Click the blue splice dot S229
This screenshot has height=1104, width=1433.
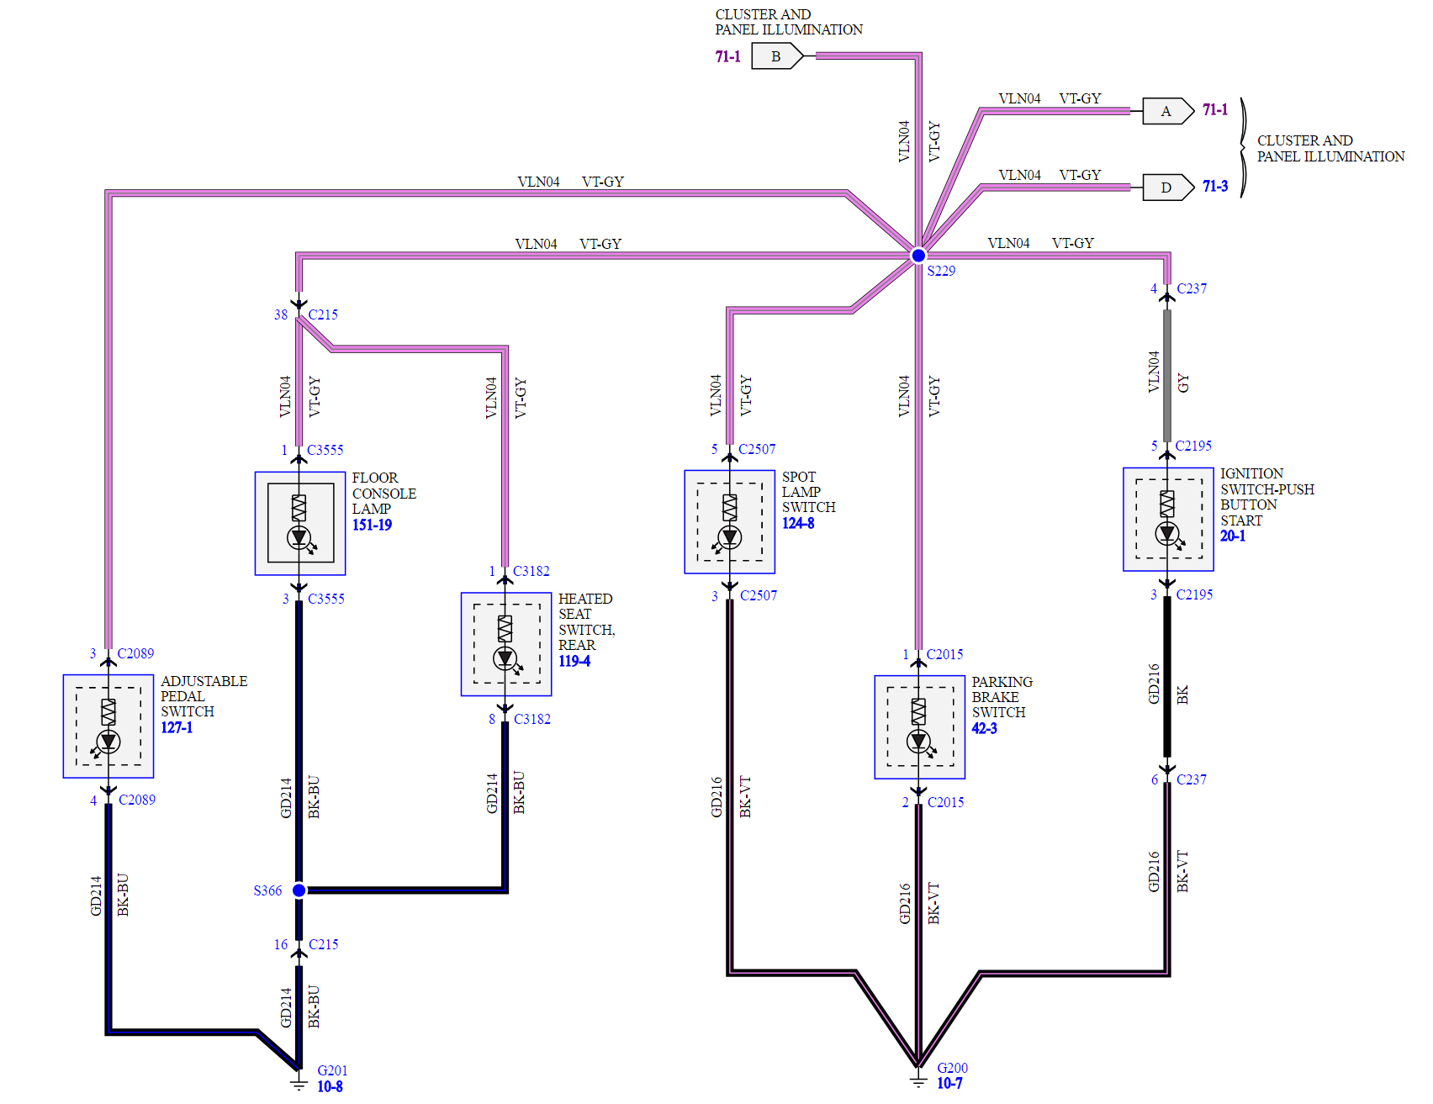918,255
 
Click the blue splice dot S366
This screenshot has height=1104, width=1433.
299,890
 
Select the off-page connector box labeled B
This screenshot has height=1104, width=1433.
776,56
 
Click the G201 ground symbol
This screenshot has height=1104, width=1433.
299,1081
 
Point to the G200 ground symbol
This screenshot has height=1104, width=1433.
918,1080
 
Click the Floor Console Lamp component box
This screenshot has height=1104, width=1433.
300,523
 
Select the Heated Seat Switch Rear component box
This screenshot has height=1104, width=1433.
506,644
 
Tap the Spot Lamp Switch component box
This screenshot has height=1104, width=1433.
729,521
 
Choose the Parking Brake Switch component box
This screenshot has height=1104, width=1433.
919,726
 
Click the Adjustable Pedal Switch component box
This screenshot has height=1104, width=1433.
108,726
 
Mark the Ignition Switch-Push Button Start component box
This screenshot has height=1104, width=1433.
1168,519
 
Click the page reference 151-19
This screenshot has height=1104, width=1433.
372,525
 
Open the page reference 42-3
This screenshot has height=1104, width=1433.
984,728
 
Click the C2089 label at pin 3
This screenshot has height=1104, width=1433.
135,653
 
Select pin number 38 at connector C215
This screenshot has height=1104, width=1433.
281,314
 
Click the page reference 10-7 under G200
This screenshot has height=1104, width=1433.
949,1084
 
